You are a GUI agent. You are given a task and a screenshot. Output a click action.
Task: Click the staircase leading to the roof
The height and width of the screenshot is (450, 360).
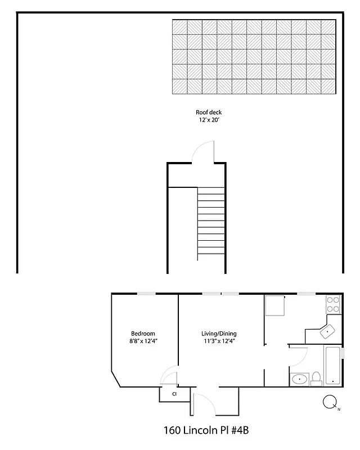click(x=210, y=221)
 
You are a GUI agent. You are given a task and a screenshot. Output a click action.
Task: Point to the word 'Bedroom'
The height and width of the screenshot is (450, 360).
click(x=143, y=333)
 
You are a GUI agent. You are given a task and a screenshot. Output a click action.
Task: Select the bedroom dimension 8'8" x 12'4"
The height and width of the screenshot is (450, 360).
click(x=143, y=340)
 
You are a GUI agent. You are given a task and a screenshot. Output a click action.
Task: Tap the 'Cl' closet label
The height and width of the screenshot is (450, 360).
click(x=174, y=394)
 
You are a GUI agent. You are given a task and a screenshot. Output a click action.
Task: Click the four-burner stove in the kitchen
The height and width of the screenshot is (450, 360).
click(x=333, y=304)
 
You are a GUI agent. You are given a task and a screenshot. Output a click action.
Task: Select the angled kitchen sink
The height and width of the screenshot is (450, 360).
click(x=327, y=332)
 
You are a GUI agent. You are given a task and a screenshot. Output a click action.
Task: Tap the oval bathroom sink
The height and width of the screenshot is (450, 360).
click(x=299, y=379)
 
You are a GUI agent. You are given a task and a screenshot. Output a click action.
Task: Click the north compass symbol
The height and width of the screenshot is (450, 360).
click(x=330, y=402)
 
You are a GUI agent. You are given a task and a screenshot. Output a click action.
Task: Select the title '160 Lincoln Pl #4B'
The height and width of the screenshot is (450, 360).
click(x=205, y=430)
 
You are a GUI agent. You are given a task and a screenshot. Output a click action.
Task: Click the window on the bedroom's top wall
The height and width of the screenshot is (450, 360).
click(x=147, y=293)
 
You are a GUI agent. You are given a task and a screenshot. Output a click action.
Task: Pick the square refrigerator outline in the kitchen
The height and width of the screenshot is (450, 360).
click(x=276, y=306)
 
